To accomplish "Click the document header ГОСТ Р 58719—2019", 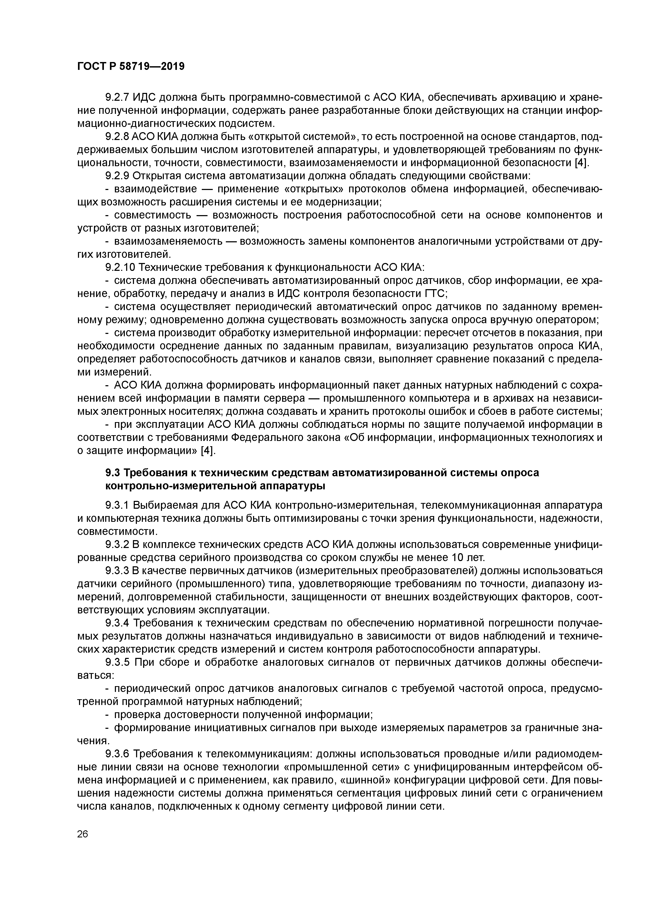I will click(x=131, y=66).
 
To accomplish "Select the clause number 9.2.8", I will click(x=117, y=137).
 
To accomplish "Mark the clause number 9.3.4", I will click(x=117, y=623).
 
